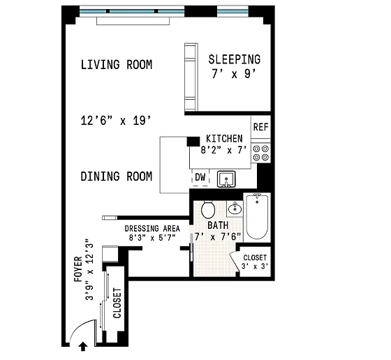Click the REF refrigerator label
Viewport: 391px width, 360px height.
[261, 127]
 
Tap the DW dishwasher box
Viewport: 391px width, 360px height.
[200, 177]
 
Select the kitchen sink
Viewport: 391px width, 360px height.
[226, 179]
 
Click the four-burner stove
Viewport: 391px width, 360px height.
[261, 153]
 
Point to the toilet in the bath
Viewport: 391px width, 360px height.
[208, 209]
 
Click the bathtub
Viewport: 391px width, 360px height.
[257, 217]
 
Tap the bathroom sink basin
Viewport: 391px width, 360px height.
[235, 209]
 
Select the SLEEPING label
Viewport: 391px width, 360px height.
[235, 59]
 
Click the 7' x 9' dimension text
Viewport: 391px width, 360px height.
[234, 74]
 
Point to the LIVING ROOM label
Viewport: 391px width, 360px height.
[117, 65]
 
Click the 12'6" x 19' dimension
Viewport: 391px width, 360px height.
[116, 121]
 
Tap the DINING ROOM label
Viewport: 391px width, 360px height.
[116, 177]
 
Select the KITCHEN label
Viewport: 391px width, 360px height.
[224, 139]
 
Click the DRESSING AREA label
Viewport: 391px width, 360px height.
[152, 228]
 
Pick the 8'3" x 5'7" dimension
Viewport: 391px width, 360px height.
[152, 238]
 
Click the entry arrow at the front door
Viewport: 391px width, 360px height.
[83, 347]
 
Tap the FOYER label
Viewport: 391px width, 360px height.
[78, 269]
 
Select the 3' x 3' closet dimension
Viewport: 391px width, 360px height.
[255, 267]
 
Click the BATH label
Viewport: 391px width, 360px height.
[218, 225]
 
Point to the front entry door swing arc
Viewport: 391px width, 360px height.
[78, 328]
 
